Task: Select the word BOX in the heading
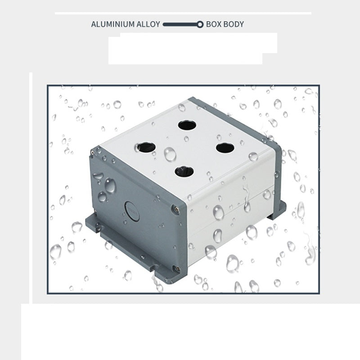[214, 24]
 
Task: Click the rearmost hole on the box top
[187, 126]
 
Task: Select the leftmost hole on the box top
[147, 147]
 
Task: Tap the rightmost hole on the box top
[225, 148]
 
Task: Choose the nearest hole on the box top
[184, 172]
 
